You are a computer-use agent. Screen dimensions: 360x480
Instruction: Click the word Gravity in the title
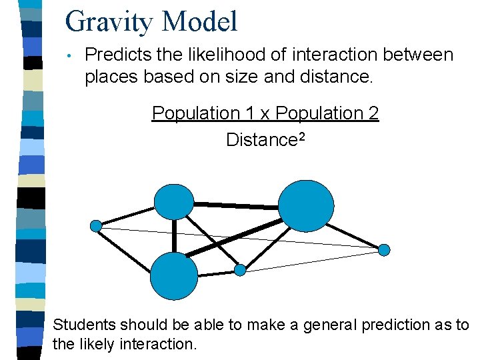click(109, 21)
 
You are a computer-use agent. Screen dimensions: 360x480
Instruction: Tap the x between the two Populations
click(264, 114)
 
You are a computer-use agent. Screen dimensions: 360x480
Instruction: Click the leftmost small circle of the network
click(96, 226)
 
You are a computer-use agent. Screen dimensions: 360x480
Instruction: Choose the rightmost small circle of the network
click(384, 250)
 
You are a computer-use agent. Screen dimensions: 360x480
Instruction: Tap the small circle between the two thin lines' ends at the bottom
click(240, 270)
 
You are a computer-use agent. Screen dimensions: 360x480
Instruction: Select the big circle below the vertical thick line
click(174, 277)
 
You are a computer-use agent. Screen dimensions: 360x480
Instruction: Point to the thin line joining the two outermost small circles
click(240, 238)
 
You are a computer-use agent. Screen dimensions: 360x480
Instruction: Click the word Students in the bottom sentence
click(85, 325)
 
